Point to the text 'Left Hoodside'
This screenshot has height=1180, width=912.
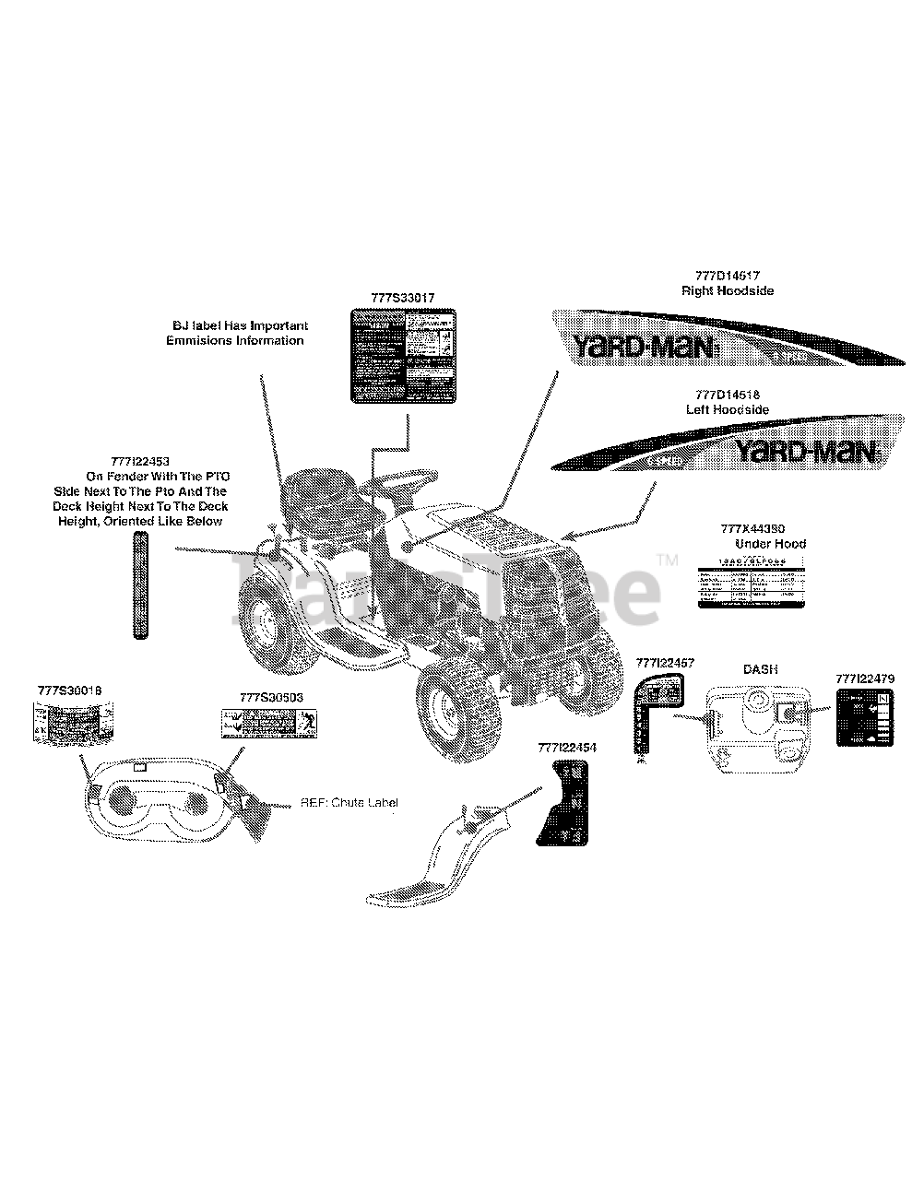coord(727,408)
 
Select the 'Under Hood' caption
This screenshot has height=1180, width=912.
coord(770,544)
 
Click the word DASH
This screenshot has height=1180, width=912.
coord(759,668)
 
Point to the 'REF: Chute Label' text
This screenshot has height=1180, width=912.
coord(349,803)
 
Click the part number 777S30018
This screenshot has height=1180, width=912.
coord(70,690)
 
